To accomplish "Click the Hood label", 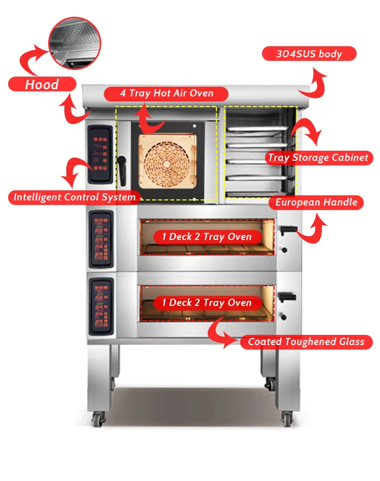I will tap(42, 84).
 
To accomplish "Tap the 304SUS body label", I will tap(309, 54).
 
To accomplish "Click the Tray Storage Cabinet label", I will tap(318, 157).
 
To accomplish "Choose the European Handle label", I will tap(316, 202).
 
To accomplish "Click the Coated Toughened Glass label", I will tap(306, 342).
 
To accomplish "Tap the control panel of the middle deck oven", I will tap(100, 239).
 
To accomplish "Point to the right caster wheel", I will tap(287, 419).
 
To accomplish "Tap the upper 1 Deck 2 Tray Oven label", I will tap(207, 237).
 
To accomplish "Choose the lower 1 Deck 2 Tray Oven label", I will tap(207, 303).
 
